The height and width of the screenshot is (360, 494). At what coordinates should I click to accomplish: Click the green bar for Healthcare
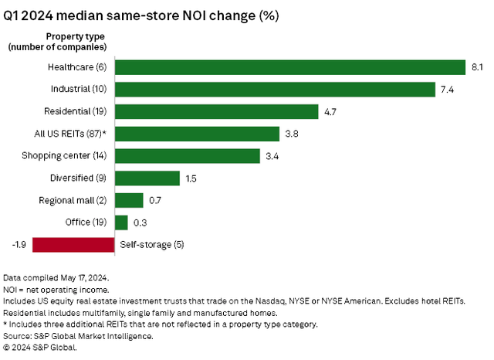coord(289,67)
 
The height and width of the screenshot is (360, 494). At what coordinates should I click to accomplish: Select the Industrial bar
coord(275,90)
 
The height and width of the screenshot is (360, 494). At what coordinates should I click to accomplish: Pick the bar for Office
coord(121,222)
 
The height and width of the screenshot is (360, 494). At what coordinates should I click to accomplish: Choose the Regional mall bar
coord(129,200)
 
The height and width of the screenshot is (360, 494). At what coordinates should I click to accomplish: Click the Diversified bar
coord(147,178)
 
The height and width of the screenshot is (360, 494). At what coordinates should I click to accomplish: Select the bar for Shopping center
coord(187,156)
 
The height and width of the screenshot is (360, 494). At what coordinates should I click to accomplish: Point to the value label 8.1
coord(477,67)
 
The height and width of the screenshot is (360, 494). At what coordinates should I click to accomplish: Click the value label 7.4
coord(448,90)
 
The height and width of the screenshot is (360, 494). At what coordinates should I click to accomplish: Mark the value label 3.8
coord(292,134)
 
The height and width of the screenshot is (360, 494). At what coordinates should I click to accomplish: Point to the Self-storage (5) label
coord(151,245)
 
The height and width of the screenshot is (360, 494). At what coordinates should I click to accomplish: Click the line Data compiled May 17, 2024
coord(56,277)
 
